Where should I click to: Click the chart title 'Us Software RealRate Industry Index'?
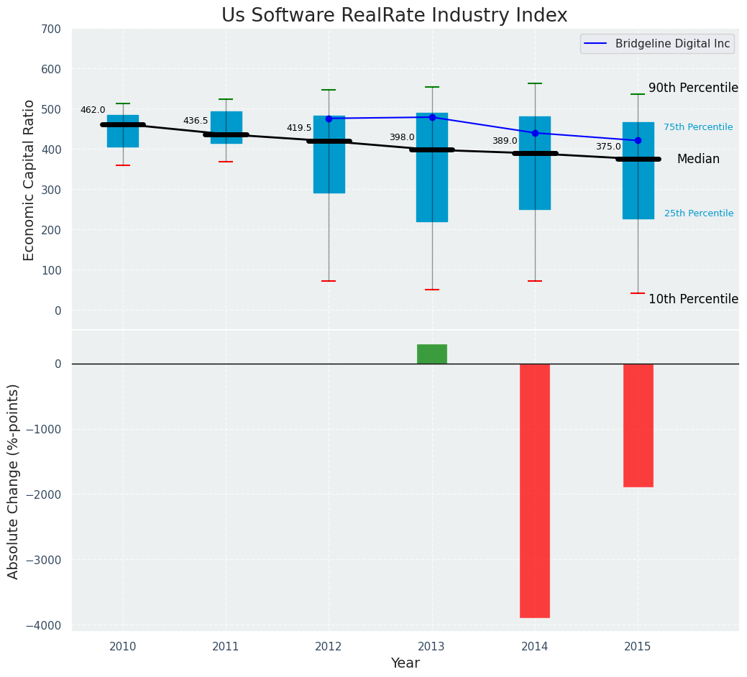pyautogui.click(x=394, y=16)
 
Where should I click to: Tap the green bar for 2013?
pyautogui.click(x=431, y=354)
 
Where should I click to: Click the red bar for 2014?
pyautogui.click(x=535, y=490)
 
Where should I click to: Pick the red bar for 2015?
pyautogui.click(x=638, y=425)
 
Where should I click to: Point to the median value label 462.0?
pyautogui.click(x=93, y=110)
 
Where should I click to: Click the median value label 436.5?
pyautogui.click(x=196, y=121)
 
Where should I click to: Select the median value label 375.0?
pyautogui.click(x=608, y=147)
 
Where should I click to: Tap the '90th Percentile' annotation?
pyautogui.click(x=693, y=88)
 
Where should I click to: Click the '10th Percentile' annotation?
pyautogui.click(x=693, y=299)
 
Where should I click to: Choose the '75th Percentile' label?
pyautogui.click(x=698, y=127)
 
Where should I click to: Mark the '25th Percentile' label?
pyautogui.click(x=699, y=213)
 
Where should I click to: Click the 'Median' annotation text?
pyautogui.click(x=698, y=160)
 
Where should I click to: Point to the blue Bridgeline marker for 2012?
pyautogui.click(x=329, y=119)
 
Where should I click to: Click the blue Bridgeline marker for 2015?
pyautogui.click(x=638, y=140)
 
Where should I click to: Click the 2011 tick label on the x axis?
pyautogui.click(x=226, y=647)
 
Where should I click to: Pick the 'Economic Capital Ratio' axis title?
pyautogui.click(x=29, y=180)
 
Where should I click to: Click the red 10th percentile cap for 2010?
pyautogui.click(x=123, y=165)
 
